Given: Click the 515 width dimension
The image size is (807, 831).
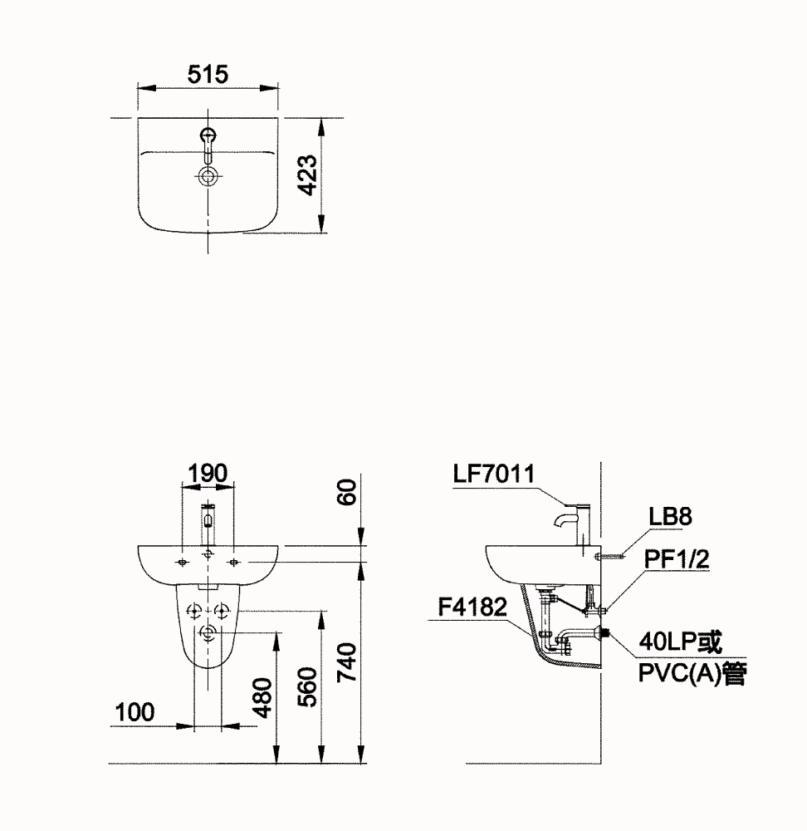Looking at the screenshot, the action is tap(208, 74).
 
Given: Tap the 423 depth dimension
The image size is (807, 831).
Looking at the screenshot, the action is tap(307, 175).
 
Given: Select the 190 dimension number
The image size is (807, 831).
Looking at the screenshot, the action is tap(208, 473).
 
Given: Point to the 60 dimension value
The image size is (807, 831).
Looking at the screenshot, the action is tap(347, 492).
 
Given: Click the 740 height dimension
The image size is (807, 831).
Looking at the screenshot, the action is tap(347, 662).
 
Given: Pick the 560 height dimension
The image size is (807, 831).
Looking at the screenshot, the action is tap(307, 687).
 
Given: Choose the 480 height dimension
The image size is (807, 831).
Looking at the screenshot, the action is tap(262, 697).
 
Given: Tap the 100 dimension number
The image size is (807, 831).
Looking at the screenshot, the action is tap(135, 712).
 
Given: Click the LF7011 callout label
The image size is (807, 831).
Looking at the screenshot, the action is tap(494, 474).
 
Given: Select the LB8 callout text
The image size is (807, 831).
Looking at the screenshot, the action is tap(670, 516).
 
